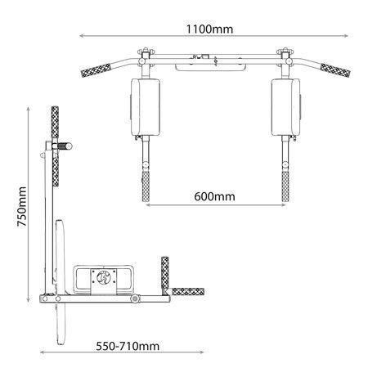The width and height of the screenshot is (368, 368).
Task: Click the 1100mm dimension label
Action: click(x=209, y=29)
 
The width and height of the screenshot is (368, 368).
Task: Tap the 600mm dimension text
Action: click(x=214, y=196)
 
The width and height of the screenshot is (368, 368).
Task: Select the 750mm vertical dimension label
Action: click(x=22, y=207)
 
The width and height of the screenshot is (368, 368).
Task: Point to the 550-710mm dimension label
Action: click(x=128, y=346)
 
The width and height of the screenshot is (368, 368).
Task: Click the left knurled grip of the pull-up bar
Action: click(x=96, y=70)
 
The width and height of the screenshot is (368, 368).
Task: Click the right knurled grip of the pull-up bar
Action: click(x=335, y=70)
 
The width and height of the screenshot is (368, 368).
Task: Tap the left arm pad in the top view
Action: click(x=145, y=107)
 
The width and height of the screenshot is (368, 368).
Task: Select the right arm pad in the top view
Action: click(x=285, y=107)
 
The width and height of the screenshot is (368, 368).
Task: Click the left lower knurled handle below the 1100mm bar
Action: click(x=146, y=186)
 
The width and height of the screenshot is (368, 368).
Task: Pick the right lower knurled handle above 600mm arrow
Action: click(x=285, y=186)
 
